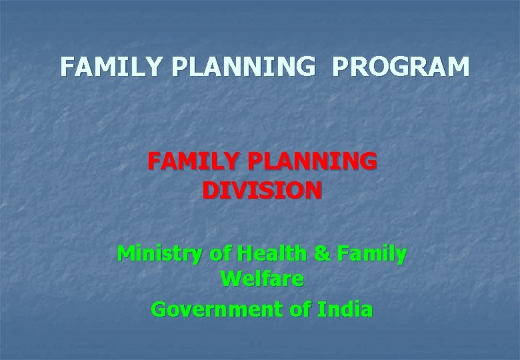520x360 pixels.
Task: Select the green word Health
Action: coord(269,254)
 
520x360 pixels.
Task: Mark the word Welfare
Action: coord(262,280)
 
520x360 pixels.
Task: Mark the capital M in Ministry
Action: coord(127,254)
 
